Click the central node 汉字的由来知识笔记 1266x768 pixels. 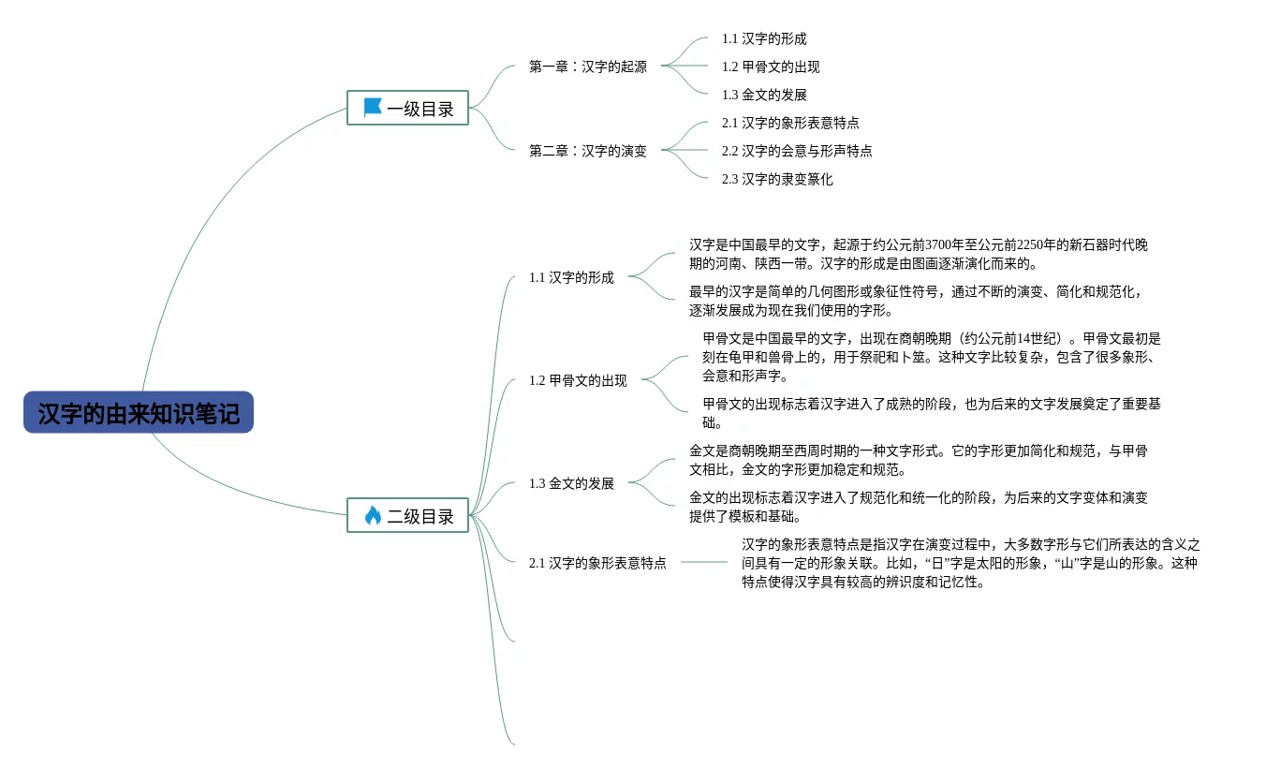(139, 413)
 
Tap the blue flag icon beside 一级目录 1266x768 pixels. (373, 108)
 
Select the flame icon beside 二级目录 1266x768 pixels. (373, 515)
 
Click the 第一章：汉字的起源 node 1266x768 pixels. (587, 66)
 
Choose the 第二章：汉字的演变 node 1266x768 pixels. (587, 151)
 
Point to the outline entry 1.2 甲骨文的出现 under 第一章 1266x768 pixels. (771, 66)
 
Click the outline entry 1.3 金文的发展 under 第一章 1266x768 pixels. (764, 95)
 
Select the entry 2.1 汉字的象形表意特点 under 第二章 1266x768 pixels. (790, 123)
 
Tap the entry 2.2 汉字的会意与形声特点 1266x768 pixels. (797, 151)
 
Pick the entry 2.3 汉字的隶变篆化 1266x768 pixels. (777, 179)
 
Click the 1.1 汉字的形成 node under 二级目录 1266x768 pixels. (571, 277)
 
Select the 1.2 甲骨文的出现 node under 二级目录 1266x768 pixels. (578, 380)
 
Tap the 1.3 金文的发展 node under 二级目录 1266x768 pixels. (571, 483)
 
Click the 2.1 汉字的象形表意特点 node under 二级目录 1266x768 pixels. (597, 563)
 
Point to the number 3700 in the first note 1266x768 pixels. (939, 244)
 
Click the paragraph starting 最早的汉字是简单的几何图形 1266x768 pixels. (916, 301)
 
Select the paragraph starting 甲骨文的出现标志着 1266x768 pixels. (931, 413)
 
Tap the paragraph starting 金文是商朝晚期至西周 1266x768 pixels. (918, 460)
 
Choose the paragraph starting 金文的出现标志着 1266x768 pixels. (918, 507)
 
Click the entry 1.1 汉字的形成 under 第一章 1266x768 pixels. (764, 38)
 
